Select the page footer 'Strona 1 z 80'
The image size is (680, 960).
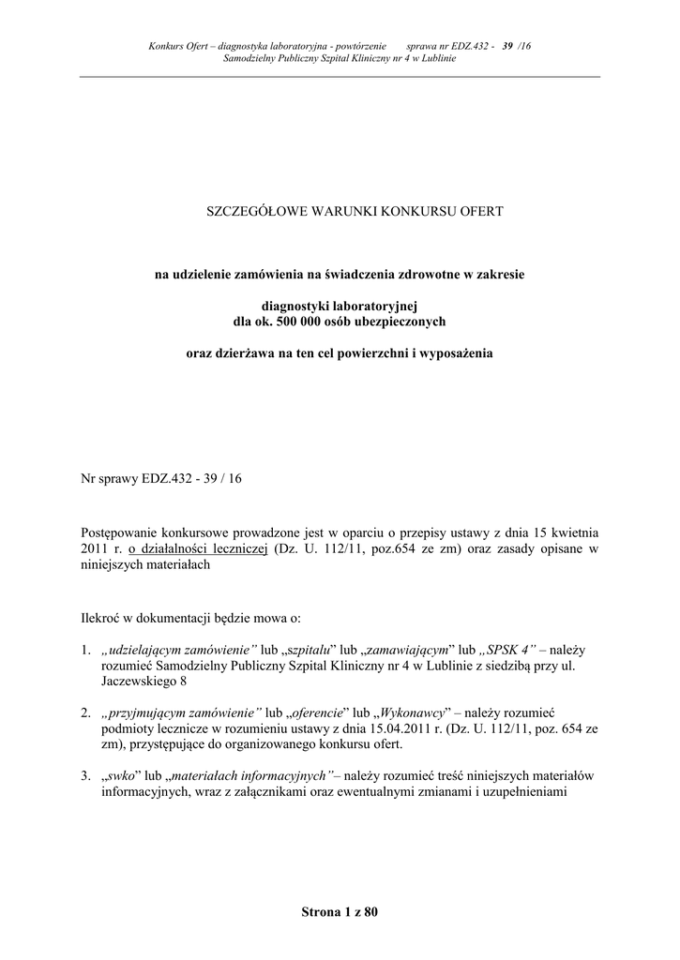[340, 911]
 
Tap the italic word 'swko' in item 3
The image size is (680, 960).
[118, 776]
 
